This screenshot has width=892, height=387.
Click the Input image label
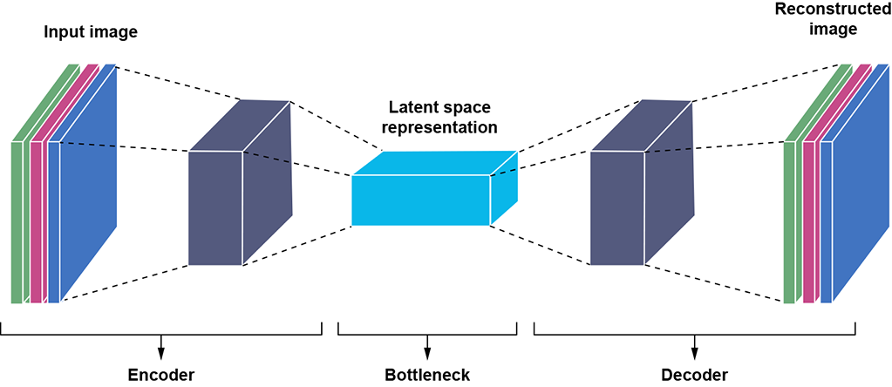tap(91, 32)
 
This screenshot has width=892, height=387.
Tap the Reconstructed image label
tap(814, 19)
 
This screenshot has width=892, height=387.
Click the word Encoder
tap(160, 376)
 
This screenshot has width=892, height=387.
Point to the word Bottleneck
tap(427, 376)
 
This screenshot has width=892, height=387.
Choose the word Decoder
tap(694, 376)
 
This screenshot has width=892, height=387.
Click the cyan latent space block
tap(421, 200)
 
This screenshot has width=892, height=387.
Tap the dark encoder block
tap(215, 207)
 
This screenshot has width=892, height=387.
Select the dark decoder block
tap(616, 207)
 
